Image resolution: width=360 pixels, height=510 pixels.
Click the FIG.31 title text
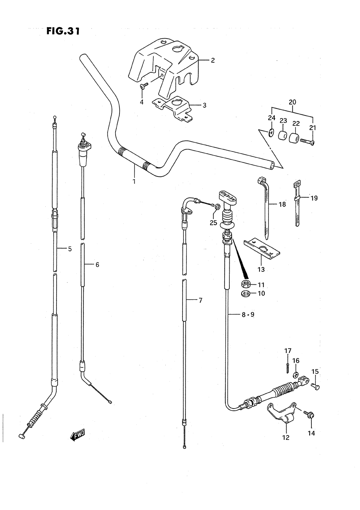(x=63, y=31)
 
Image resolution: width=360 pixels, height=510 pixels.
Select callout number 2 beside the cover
(x=212, y=60)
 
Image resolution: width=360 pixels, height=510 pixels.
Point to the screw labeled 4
(x=144, y=85)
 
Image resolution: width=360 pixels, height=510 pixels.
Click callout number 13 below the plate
(x=261, y=270)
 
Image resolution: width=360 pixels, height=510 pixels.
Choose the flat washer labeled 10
(x=246, y=293)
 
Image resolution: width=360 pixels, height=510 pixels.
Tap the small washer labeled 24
(x=271, y=132)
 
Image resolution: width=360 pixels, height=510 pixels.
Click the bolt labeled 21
(x=307, y=142)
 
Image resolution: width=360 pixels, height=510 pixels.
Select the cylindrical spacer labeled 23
(x=283, y=135)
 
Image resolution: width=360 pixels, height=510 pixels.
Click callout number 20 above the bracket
(x=292, y=102)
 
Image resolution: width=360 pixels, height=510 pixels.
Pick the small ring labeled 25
(x=217, y=207)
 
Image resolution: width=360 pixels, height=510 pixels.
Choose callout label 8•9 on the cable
(x=248, y=315)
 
